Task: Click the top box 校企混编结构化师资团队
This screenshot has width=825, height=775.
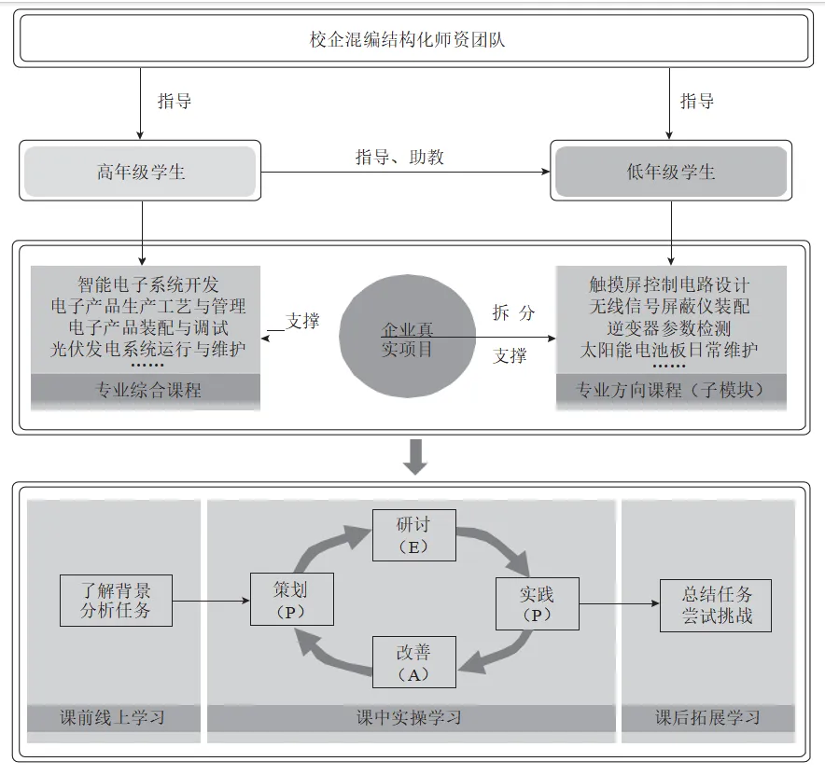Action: pyautogui.click(x=412, y=40)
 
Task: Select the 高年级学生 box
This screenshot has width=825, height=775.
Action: pyautogui.click(x=140, y=172)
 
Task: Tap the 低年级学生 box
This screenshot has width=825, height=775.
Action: pyautogui.click(x=671, y=172)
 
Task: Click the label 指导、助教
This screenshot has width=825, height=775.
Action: pyautogui.click(x=399, y=157)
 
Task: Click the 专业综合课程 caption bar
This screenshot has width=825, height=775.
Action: pyautogui.click(x=146, y=391)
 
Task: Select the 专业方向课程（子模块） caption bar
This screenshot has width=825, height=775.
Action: pyautogui.click(x=671, y=391)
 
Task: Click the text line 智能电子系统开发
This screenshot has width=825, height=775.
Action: pyautogui.click(x=147, y=284)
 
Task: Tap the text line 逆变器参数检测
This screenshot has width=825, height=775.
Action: pyautogui.click(x=669, y=328)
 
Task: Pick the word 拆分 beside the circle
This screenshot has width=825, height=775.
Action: pyautogui.click(x=513, y=312)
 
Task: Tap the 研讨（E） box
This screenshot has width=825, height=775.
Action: pyautogui.click(x=413, y=535)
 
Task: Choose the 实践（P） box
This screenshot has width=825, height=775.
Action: pyautogui.click(x=537, y=603)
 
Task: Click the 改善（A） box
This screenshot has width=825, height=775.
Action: pyautogui.click(x=413, y=662)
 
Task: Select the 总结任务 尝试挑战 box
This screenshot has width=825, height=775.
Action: pyautogui.click(x=716, y=604)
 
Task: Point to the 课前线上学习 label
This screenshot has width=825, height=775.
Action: pyautogui.click(x=113, y=717)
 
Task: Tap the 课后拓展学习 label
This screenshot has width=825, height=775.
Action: pyautogui.click(x=707, y=717)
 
